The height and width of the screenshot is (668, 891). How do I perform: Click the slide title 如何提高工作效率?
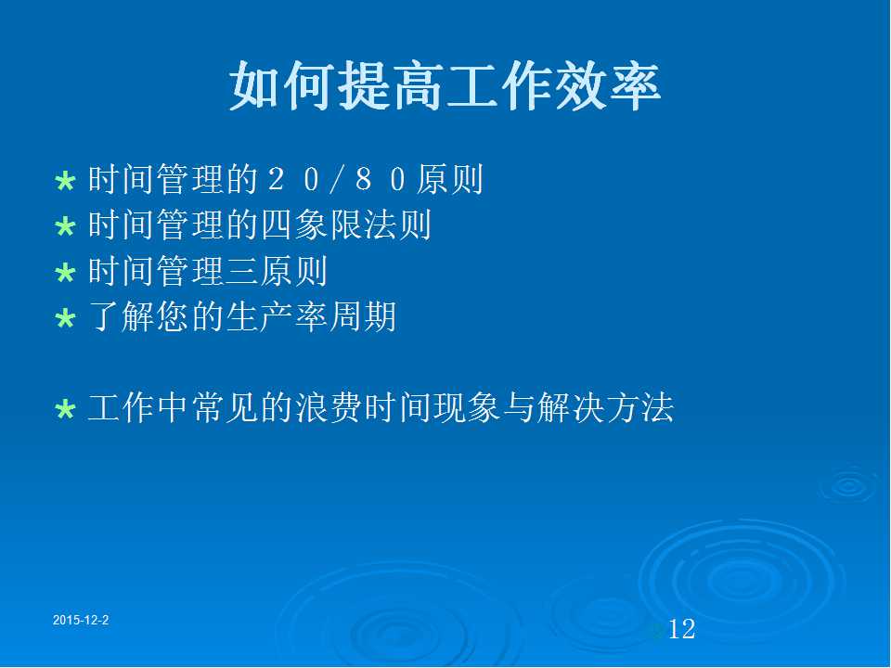(445, 85)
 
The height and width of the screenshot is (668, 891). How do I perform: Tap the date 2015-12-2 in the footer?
(81, 620)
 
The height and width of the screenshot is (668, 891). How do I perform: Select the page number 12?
(681, 629)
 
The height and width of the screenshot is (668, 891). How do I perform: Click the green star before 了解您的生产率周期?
(65, 318)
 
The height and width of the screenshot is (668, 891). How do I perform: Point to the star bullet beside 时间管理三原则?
(65, 272)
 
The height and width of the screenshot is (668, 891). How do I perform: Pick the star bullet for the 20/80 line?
(65, 181)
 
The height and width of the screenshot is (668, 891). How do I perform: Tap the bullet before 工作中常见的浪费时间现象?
(65, 409)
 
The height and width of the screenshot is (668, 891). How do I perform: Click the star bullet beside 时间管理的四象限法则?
(65, 226)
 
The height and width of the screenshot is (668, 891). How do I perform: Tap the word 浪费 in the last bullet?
(329, 407)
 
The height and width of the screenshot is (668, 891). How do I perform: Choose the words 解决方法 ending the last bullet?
(604, 407)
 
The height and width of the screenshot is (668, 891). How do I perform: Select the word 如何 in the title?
(282, 85)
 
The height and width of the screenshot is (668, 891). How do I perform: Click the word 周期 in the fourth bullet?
(363, 316)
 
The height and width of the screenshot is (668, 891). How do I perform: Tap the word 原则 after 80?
(449, 179)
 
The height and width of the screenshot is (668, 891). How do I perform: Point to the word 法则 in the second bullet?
(397, 225)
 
